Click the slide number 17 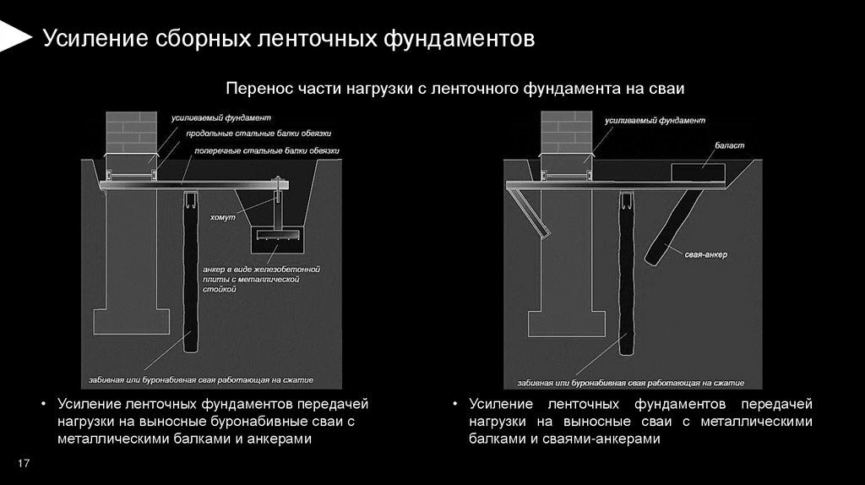pos(24,463)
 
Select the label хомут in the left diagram pos(223,218)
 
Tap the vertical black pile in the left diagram pos(190,279)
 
